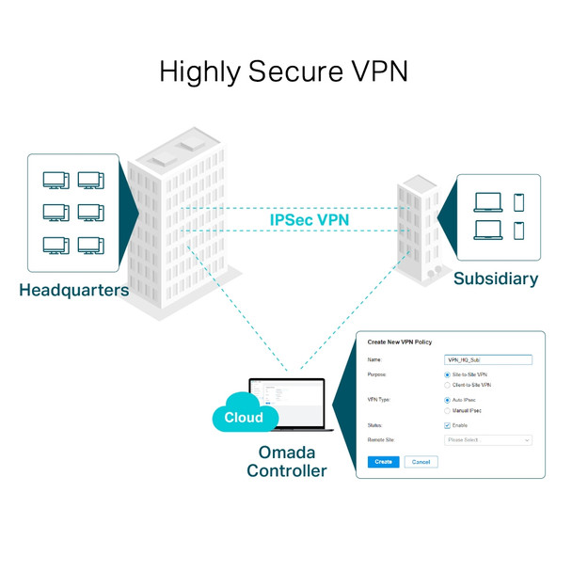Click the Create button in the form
(383, 462)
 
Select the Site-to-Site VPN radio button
(447, 375)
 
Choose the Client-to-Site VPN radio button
(447, 385)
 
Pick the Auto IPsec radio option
(447, 400)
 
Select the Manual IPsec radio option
(447, 410)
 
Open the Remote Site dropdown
(488, 439)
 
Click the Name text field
(487, 359)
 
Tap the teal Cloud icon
(244, 417)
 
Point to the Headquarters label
(73, 290)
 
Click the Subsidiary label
(496, 278)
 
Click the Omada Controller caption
(287, 461)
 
